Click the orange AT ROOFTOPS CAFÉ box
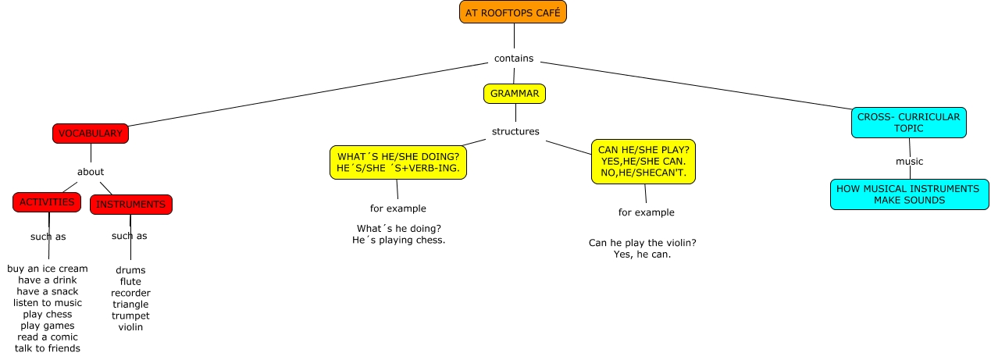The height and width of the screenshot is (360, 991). [513, 12]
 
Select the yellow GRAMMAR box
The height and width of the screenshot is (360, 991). [515, 94]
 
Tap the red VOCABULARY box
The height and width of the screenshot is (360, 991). [91, 134]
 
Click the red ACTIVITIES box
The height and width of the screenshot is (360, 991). [47, 202]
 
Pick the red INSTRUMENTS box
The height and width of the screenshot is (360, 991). [131, 205]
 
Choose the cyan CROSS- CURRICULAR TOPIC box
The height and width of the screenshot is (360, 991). [908, 123]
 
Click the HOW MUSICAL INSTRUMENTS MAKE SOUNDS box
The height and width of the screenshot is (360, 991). [909, 194]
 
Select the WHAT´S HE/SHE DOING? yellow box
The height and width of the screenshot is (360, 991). [398, 162]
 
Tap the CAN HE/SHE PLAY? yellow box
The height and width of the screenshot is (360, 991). [644, 162]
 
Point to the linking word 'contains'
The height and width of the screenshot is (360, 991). [514, 59]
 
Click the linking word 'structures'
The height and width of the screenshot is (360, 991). [515, 131]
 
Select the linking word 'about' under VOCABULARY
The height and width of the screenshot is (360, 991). [91, 172]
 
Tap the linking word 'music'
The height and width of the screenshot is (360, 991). [909, 162]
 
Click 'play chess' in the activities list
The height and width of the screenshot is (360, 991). [48, 314]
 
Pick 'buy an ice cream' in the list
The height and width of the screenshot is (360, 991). [48, 269]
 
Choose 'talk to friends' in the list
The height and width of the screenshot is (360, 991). [48, 348]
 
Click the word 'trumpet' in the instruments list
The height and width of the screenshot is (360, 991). [130, 315]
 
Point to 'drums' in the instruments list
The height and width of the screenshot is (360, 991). [130, 270]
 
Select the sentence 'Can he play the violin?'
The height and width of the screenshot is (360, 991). [643, 243]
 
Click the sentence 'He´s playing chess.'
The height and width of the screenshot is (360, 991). [399, 240]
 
